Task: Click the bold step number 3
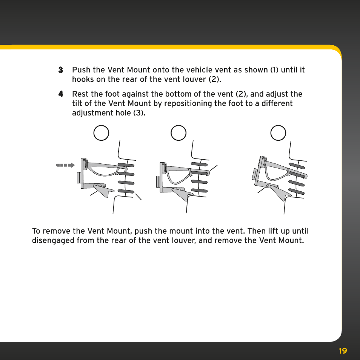61,70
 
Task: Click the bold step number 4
61,94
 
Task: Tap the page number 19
343,351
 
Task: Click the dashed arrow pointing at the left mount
65,165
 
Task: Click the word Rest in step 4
80,94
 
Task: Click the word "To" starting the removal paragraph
36,231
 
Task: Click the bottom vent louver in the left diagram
126,191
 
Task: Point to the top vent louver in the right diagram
297,166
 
